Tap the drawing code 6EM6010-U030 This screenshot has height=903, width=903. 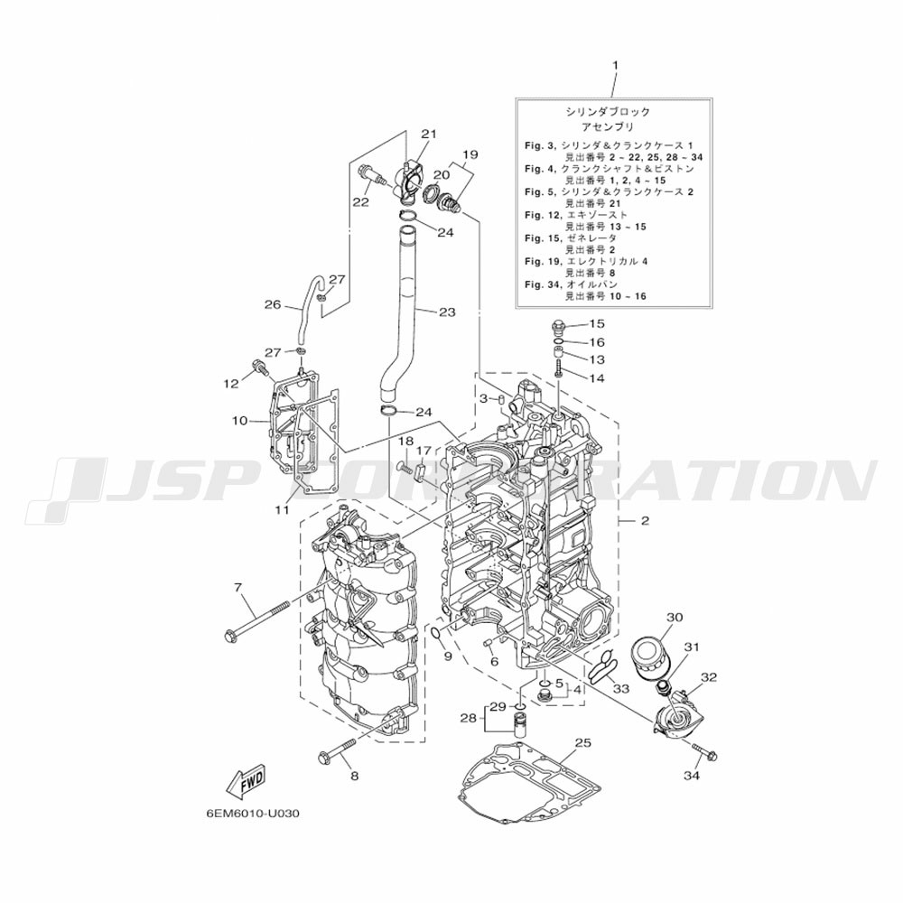(251, 812)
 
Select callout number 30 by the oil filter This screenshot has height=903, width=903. (674, 617)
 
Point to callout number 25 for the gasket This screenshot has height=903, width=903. (582, 741)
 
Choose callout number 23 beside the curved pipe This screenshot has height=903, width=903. (447, 312)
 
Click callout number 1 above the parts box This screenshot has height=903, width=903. (616, 65)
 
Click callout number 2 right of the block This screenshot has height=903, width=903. (645, 521)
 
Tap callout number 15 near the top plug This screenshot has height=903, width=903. (597, 323)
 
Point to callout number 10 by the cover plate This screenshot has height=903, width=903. (238, 420)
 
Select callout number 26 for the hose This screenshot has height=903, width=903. (273, 304)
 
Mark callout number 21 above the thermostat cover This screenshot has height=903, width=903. (428, 134)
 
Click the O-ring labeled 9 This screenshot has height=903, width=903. (435, 631)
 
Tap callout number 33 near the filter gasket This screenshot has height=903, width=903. (620, 688)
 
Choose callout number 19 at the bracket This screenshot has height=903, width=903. (469, 154)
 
